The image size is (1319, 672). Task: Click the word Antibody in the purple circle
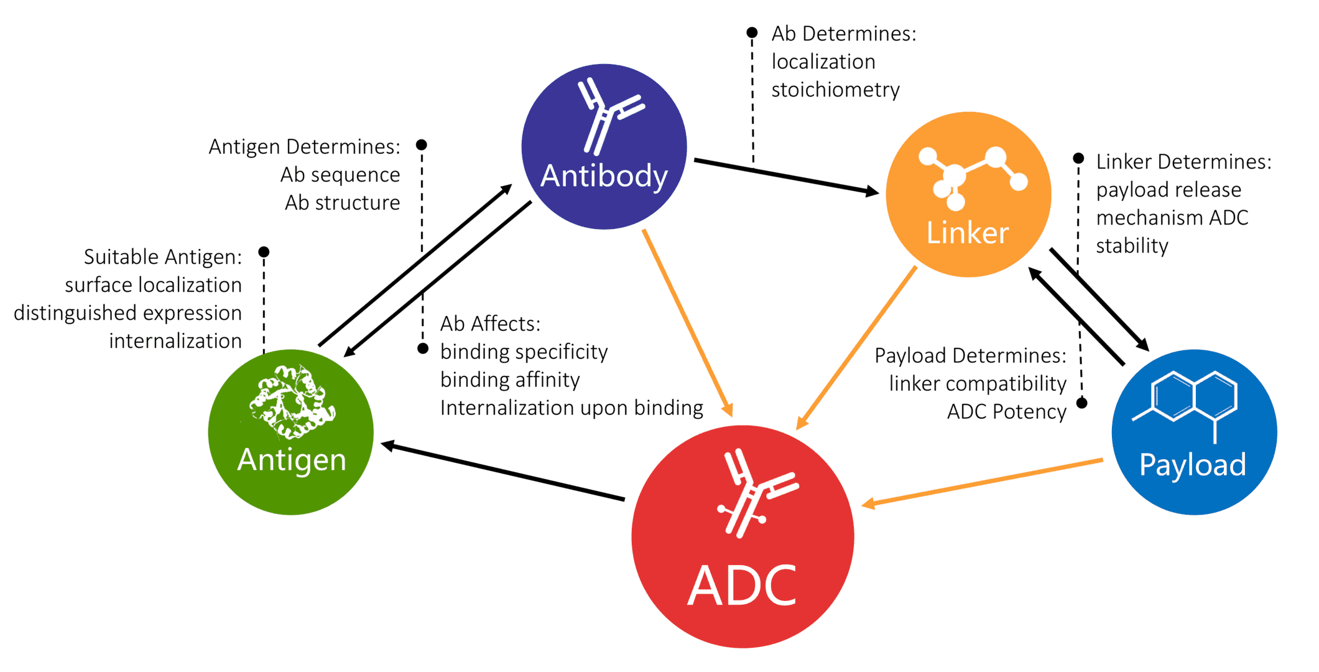604,176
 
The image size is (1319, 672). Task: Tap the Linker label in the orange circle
967,233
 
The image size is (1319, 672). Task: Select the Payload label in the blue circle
1192,465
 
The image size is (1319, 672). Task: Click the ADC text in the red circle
742,586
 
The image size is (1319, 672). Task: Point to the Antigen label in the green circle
291,460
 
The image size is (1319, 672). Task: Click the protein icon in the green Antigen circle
291,401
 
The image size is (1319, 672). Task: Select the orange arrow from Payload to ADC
983,482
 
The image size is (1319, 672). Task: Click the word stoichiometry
835,90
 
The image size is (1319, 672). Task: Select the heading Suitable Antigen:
162,257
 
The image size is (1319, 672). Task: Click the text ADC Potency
1006,412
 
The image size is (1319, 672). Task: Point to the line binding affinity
510,380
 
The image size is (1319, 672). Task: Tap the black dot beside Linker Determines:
1079,159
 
